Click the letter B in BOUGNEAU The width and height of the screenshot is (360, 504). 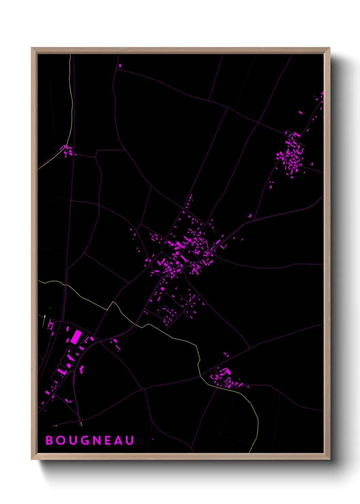[50, 440]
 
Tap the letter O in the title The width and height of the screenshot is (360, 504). [62, 440]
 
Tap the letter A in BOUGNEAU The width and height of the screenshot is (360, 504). [119, 440]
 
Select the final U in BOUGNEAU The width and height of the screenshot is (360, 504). [130, 440]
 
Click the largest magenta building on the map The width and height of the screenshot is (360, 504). [76, 336]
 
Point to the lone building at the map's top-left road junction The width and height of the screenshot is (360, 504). [120, 65]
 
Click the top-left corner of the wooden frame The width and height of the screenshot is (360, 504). [32, 48]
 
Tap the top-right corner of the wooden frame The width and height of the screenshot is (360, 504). [329, 48]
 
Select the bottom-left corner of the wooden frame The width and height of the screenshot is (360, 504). [32, 459]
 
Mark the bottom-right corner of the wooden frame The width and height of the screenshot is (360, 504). [329, 459]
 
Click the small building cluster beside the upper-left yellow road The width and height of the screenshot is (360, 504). [68, 150]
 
